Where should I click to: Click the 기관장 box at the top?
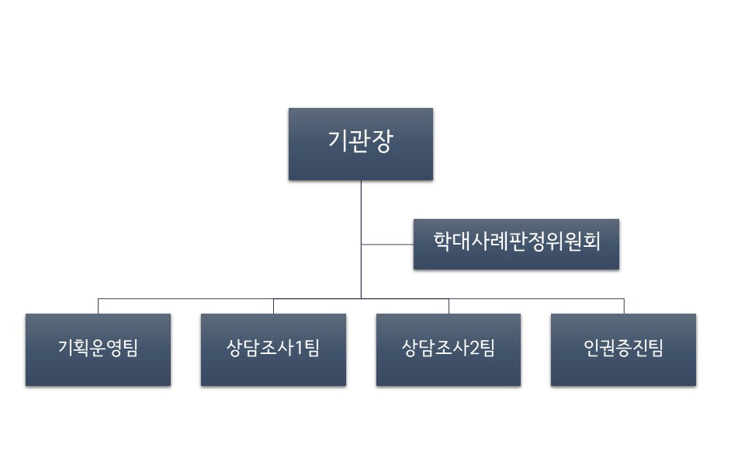click(x=360, y=144)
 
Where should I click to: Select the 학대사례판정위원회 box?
click(x=516, y=244)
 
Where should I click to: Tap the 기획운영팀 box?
click(x=98, y=349)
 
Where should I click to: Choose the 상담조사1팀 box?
click(x=273, y=349)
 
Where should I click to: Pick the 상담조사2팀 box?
click(x=449, y=349)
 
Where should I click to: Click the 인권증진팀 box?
click(x=623, y=349)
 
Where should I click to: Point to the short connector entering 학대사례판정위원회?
click(x=387, y=245)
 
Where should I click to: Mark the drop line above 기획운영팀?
click(x=98, y=306)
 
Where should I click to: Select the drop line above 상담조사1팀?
click(x=273, y=306)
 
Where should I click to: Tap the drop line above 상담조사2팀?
click(x=449, y=306)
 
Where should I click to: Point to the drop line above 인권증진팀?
click(x=624, y=306)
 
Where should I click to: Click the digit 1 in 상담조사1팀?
click(x=298, y=349)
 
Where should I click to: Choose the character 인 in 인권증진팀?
click(x=591, y=349)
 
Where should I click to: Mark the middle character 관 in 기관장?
click(x=360, y=143)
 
